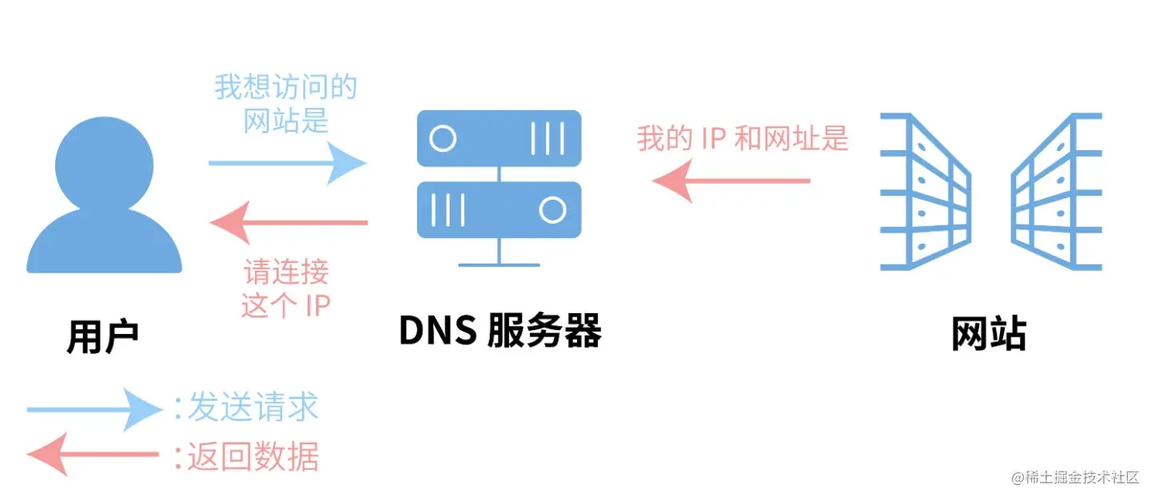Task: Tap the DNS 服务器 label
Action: [x=500, y=330]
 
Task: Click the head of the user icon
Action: [x=105, y=165]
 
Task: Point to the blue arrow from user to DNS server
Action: [x=287, y=163]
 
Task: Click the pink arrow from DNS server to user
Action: [x=289, y=222]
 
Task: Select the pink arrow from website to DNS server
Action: [x=731, y=181]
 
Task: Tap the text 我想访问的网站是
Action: [x=285, y=104]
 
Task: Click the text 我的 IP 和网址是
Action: [x=742, y=139]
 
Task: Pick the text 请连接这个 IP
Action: [x=285, y=288]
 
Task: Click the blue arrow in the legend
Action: [x=95, y=410]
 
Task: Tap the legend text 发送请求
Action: [x=253, y=408]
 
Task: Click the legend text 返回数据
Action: [x=253, y=457]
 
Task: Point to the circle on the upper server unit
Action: [x=442, y=138]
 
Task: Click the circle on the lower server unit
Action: [x=552, y=210]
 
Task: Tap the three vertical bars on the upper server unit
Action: [x=548, y=138]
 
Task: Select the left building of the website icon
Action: [x=925, y=192]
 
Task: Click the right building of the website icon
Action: [x=1057, y=192]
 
